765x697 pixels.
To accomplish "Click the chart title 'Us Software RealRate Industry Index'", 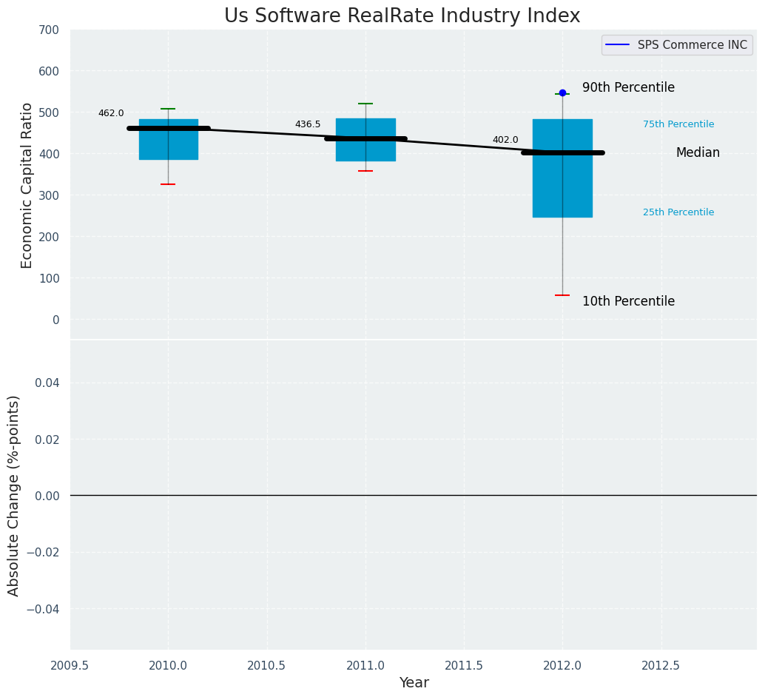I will (x=402, y=16).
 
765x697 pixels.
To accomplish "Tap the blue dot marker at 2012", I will (x=562, y=92).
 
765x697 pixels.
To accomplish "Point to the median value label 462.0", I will (x=111, y=113).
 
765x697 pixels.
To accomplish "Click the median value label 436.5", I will (x=308, y=124).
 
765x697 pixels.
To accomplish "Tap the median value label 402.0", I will (x=505, y=140).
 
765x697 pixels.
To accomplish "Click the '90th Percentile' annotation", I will (x=628, y=87).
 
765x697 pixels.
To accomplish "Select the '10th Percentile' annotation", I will (x=628, y=301).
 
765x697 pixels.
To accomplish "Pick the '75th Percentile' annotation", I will (x=678, y=124).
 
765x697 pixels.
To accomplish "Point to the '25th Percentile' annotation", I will (x=678, y=212).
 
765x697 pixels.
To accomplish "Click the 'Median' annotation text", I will (x=698, y=152).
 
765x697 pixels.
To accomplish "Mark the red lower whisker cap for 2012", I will (x=562, y=295).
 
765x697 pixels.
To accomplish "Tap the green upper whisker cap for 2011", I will (x=365, y=104).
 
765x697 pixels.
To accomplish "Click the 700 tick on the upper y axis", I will (x=50, y=30).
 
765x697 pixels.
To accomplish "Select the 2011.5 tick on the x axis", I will (x=464, y=665).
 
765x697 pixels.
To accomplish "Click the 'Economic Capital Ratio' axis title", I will (x=27, y=185).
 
